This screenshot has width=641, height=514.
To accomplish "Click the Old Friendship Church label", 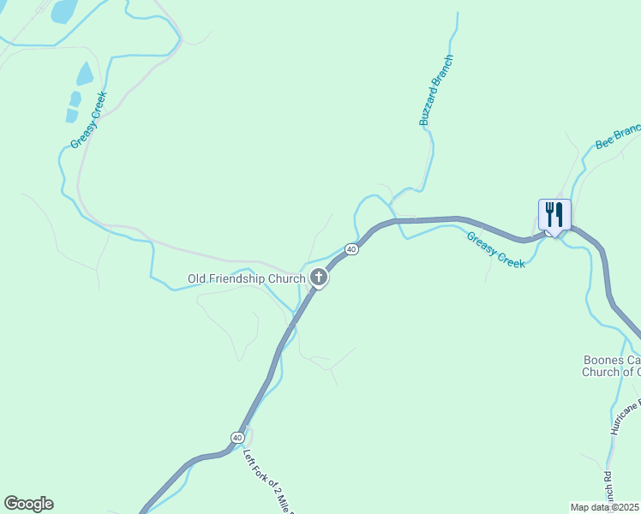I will click(246, 278).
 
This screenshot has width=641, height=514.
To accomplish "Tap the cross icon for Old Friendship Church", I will click(319, 277).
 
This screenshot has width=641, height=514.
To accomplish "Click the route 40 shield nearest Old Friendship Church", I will click(351, 249).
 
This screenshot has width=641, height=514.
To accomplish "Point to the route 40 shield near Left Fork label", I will click(237, 438).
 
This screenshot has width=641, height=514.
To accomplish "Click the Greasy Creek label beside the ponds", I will click(88, 120).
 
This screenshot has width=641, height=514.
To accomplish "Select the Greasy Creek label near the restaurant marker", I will click(495, 250).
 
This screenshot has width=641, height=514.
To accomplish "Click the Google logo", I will click(28, 504).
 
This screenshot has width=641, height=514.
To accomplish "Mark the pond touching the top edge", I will click(62, 10).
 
